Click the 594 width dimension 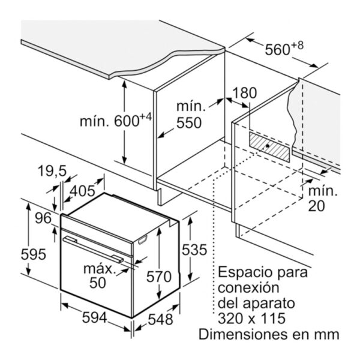click(x=95, y=318)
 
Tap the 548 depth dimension click(x=160, y=319)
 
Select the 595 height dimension click(x=33, y=254)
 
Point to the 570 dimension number click(x=159, y=277)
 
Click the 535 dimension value click(x=194, y=250)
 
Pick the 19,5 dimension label click(x=52, y=171)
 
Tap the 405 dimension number click(x=82, y=191)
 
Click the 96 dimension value click(x=43, y=218)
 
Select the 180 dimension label click(x=245, y=93)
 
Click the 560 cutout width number click(x=277, y=50)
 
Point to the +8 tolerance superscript click(x=298, y=46)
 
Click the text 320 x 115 click(x=251, y=319)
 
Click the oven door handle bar click(x=93, y=250)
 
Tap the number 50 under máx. click(x=98, y=283)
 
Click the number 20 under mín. click(x=316, y=206)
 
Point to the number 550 click(x=189, y=123)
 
